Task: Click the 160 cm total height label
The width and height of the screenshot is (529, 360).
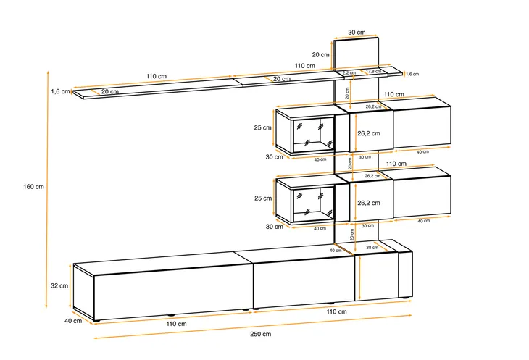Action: point(33,187)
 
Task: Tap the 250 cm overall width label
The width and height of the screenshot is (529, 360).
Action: point(260,334)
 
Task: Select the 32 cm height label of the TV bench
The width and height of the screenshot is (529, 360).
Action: point(59,285)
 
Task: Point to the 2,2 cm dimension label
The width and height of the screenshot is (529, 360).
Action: point(349,72)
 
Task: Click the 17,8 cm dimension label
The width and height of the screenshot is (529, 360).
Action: point(373,71)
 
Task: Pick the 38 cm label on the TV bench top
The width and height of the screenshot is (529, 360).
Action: point(372,248)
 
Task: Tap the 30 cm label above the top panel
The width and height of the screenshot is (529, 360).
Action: point(357,33)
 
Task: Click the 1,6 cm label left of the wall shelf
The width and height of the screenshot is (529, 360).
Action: point(61,91)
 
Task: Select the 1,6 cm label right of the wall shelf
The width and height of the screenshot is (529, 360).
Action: point(412,74)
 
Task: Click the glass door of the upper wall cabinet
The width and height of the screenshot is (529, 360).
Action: point(314,135)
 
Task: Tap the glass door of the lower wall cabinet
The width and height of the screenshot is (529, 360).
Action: point(314,205)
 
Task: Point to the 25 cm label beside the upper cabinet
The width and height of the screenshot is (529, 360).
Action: point(262,127)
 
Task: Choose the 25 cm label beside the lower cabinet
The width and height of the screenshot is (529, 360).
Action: point(263,198)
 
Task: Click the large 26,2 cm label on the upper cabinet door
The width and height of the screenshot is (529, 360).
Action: point(369,133)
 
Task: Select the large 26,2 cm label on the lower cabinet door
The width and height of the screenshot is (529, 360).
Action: point(369,203)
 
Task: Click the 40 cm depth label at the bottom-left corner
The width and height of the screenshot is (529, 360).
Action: point(73,321)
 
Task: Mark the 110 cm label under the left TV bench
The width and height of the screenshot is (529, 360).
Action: point(176,324)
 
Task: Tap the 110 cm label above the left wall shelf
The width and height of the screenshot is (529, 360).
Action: point(157,76)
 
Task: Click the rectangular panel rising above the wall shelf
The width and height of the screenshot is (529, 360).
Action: point(357,54)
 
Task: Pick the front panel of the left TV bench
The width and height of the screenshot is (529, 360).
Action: point(173,292)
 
